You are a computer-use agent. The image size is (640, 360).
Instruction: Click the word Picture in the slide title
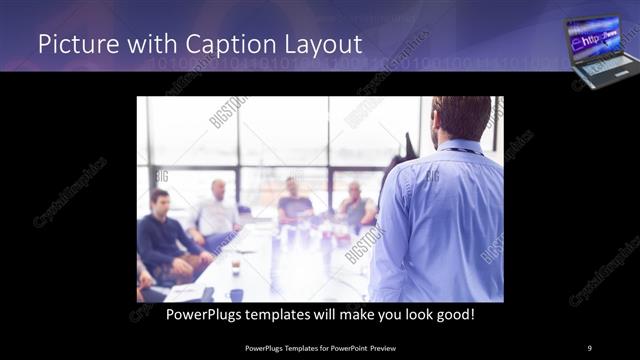pos(72,45)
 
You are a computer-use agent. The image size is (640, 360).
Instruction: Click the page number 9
pos(590,348)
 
